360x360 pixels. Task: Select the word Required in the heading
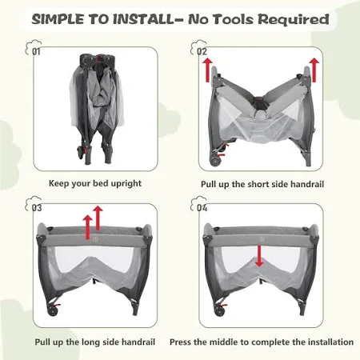click(294, 20)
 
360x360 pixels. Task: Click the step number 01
click(36, 51)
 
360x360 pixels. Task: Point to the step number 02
click(202, 51)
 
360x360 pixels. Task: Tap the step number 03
click(37, 208)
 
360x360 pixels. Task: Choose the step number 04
click(202, 208)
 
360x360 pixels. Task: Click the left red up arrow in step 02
click(207, 70)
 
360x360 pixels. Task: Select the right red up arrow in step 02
click(314, 70)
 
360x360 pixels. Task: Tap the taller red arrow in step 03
click(98, 218)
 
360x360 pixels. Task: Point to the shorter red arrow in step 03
click(87, 227)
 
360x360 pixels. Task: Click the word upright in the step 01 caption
click(126, 184)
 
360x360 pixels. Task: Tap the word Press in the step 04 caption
click(181, 342)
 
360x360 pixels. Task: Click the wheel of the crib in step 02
click(215, 161)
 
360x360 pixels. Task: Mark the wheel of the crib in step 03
click(53, 310)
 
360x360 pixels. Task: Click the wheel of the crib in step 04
click(220, 310)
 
